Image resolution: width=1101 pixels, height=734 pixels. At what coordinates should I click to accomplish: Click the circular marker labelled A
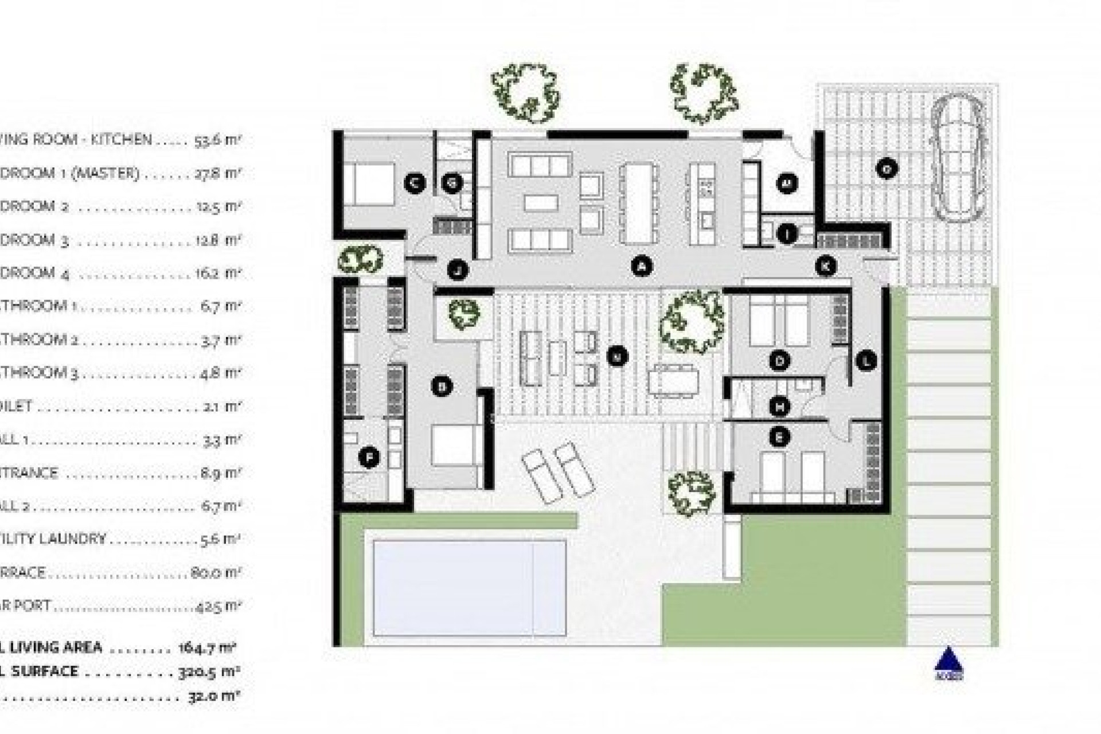[x=642, y=266]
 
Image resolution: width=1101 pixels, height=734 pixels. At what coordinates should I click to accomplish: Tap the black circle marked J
[x=457, y=270]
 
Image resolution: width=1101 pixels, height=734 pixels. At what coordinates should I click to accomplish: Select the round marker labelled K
[x=826, y=266]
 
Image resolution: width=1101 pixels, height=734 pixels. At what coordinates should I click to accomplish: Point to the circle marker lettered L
[x=866, y=361]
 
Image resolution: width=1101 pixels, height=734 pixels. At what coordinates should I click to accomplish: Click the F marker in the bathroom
[x=369, y=458]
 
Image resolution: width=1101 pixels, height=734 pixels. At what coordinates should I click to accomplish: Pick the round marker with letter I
[x=787, y=234]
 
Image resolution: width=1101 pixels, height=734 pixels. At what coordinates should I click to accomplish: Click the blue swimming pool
[x=469, y=587]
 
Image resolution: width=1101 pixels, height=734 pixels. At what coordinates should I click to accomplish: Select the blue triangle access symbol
[x=948, y=662]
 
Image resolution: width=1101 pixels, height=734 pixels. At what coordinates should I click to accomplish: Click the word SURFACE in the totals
[x=44, y=671]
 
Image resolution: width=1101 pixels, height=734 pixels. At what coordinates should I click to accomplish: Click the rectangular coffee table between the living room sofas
[x=541, y=202]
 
